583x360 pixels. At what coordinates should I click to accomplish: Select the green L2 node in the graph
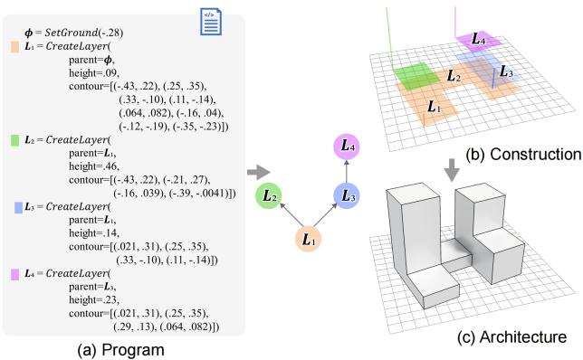[x=268, y=194]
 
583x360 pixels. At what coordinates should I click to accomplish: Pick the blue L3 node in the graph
[x=349, y=194]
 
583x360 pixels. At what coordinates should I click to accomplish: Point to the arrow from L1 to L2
[x=290, y=218]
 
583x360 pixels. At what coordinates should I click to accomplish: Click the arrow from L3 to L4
[x=349, y=171]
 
